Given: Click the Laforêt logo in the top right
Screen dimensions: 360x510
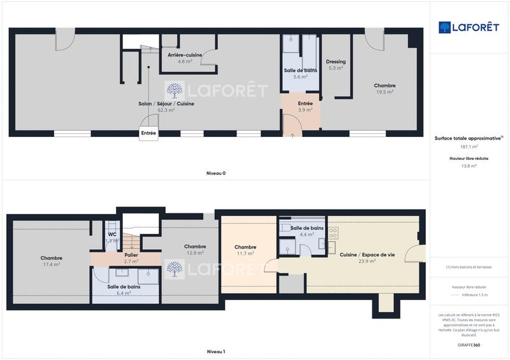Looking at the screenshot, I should (x=468, y=27).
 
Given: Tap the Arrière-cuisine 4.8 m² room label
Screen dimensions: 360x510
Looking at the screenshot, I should (x=185, y=58).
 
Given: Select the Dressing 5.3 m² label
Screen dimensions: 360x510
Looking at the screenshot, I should (x=336, y=65).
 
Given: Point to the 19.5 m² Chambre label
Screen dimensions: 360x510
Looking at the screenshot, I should (x=384, y=89).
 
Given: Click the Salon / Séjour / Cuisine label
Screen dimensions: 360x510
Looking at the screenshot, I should (x=166, y=106).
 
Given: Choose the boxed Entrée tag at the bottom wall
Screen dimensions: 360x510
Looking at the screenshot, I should (x=149, y=133).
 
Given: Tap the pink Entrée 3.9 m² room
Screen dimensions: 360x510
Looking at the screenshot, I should (x=305, y=106).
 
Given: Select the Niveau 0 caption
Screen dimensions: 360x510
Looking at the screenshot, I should (x=215, y=173).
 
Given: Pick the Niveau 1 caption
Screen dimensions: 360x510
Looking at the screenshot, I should (x=215, y=352).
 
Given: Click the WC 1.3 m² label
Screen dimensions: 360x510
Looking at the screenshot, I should (x=112, y=238).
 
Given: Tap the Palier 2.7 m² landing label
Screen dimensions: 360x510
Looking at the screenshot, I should (x=131, y=258).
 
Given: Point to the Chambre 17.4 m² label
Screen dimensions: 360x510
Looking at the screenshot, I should (x=51, y=261).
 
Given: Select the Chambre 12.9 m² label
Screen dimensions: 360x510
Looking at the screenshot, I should (x=194, y=250).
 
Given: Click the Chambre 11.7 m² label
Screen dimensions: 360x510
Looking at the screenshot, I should (x=245, y=250).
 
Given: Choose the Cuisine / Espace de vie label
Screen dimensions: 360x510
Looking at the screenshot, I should (x=367, y=257).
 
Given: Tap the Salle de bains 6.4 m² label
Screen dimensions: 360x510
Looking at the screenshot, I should (x=124, y=290).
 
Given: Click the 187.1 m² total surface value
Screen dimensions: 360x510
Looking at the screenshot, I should (x=469, y=147).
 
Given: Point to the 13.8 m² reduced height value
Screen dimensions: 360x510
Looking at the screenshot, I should (x=469, y=166).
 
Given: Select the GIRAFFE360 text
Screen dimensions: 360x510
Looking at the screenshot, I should (x=469, y=344).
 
